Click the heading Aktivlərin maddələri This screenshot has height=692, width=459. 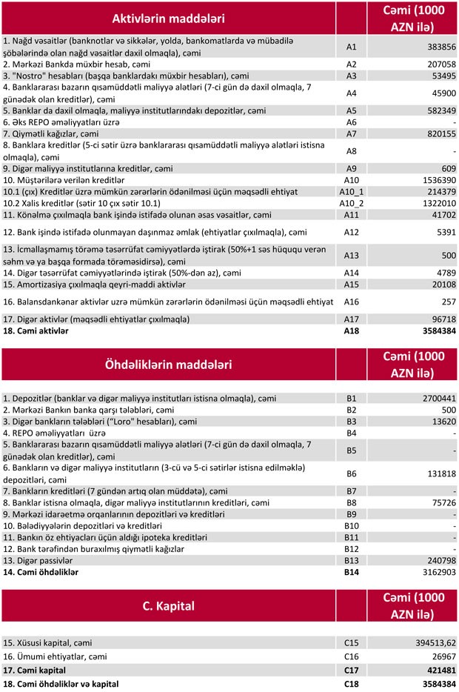(168, 18)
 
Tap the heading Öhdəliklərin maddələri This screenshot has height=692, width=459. (168, 365)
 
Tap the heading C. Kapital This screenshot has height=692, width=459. (168, 605)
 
